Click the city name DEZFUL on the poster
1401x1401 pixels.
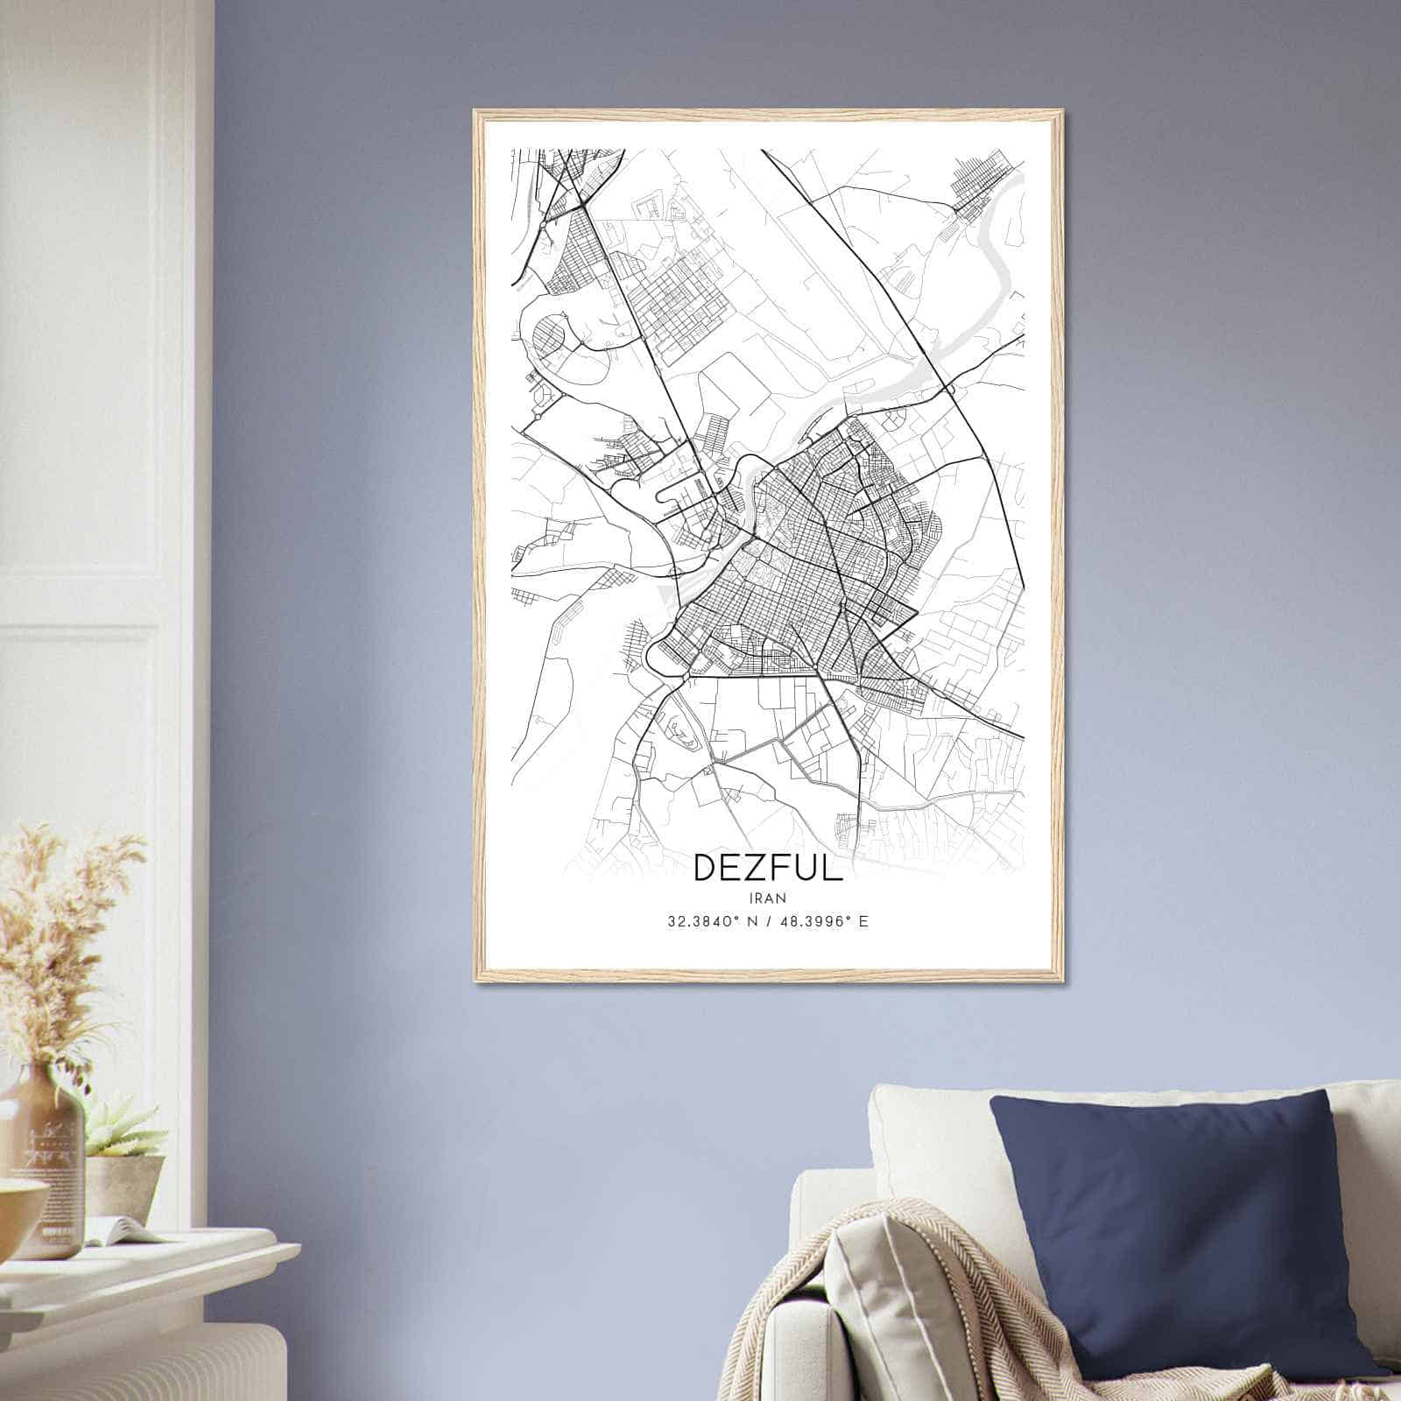pyautogui.click(x=768, y=867)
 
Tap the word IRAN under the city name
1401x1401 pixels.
pyautogui.click(x=768, y=898)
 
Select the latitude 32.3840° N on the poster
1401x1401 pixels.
pyautogui.click(x=708, y=922)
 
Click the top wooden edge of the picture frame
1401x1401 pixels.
pyautogui.click(x=768, y=114)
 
